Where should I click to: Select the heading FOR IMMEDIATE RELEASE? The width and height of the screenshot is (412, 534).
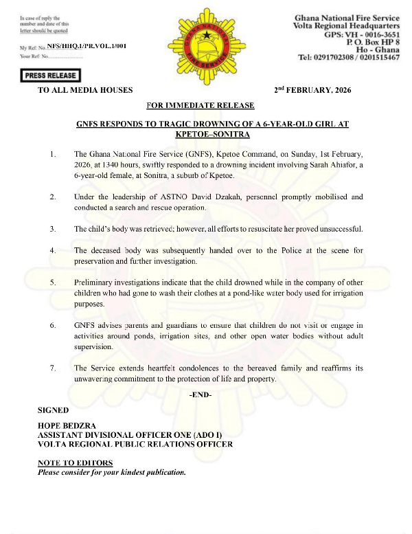click(201, 105)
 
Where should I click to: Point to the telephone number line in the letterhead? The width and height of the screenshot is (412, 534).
click(350, 58)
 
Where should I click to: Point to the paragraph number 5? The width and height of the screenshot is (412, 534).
click(53, 282)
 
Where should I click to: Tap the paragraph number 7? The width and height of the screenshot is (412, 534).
click(53, 368)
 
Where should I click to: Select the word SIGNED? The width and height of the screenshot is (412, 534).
click(53, 410)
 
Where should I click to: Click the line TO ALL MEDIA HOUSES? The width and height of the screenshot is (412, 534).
click(85, 91)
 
